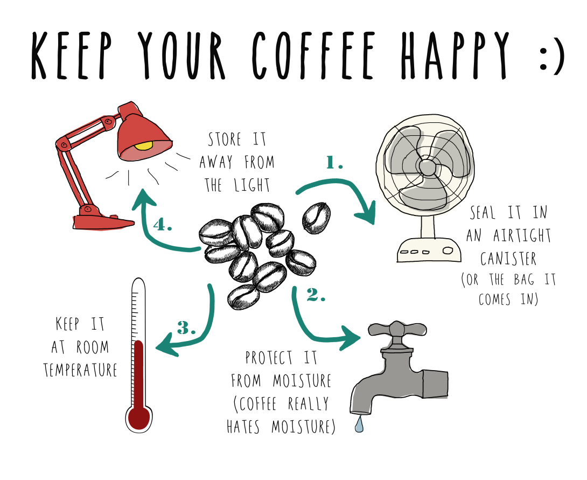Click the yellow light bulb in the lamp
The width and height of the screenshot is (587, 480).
pyautogui.click(x=145, y=145)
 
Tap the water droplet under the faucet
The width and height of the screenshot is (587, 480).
pyautogui.click(x=359, y=425)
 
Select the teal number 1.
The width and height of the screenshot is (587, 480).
pyautogui.click(x=334, y=163)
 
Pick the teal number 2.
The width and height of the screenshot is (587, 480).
pyautogui.click(x=316, y=295)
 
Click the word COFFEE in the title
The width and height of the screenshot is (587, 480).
pyautogui.click(x=314, y=55)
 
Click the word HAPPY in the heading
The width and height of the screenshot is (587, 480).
pyautogui.click(x=456, y=55)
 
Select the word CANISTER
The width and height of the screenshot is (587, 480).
pyautogui.click(x=508, y=259)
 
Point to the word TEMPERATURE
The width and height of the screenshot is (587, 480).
pyautogui.click(x=80, y=370)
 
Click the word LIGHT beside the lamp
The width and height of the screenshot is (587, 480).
pyautogui.click(x=252, y=185)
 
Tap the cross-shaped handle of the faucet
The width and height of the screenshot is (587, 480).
pyautogui.click(x=397, y=330)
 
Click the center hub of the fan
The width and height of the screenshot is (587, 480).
pyautogui.click(x=428, y=166)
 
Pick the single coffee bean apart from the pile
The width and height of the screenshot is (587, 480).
pyautogui.click(x=316, y=218)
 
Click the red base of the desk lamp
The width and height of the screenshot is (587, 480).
pyautogui.click(x=103, y=222)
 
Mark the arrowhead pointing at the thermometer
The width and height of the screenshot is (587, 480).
pyautogui.click(x=167, y=346)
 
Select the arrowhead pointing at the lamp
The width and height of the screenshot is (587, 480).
pyautogui.click(x=143, y=198)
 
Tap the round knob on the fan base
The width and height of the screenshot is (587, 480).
pyautogui.click(x=448, y=251)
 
